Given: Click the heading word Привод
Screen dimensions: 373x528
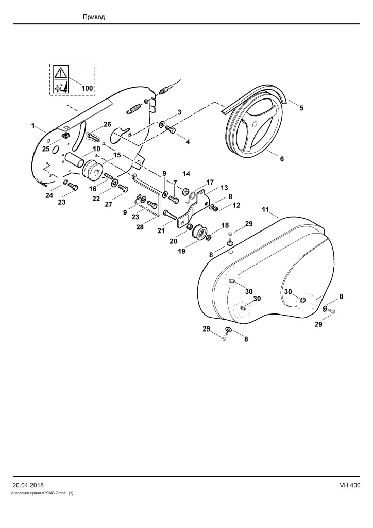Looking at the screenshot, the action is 94,17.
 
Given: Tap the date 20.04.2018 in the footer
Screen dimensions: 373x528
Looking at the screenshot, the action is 28,485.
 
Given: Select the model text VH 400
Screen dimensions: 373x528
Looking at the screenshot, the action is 350,485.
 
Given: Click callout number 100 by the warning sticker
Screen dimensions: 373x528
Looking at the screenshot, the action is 87,89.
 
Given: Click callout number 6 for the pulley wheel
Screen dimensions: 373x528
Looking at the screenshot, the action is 282,159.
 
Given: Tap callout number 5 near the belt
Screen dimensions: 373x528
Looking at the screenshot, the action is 301,108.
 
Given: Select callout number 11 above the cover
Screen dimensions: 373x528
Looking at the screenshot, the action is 265,210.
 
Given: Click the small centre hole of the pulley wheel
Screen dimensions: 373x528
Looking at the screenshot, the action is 255,124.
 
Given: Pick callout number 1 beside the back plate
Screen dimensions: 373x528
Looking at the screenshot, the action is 33,126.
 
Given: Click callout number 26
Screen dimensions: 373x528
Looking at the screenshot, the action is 107,125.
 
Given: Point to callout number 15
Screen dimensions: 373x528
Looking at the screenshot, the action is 117,155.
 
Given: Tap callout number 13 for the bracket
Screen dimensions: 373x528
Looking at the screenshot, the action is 224,188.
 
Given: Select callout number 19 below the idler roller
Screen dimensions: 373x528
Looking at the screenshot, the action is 182,252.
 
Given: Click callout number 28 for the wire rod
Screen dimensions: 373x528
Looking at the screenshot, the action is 140,227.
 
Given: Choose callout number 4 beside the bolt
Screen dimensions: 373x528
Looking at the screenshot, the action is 188,142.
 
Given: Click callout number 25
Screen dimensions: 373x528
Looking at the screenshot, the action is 46,149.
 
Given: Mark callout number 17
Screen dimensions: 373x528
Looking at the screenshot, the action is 210,182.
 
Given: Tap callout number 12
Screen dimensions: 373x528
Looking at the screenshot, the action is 236,205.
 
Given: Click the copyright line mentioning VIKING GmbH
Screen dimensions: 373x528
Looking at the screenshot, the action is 43,493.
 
